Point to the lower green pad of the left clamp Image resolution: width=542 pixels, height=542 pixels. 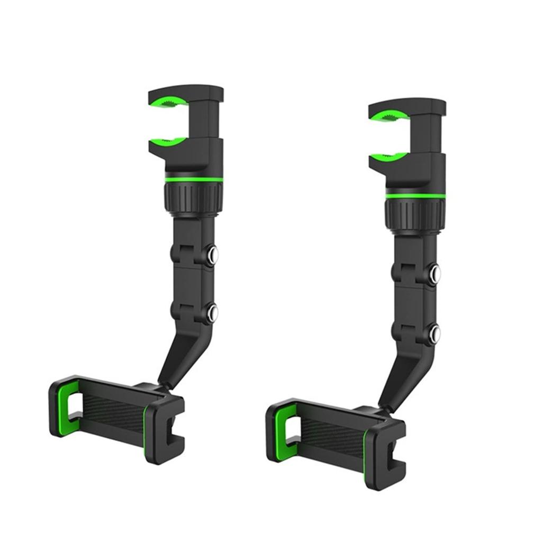(167, 141)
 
